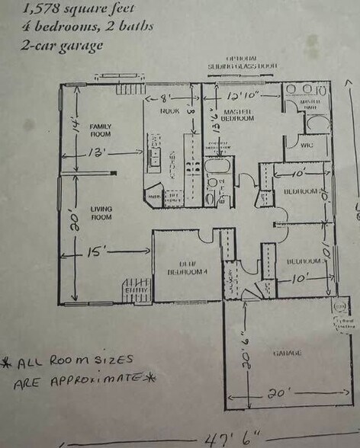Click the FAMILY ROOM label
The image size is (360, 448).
pyautogui.click(x=101, y=130)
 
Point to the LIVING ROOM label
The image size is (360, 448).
pyautogui.click(x=101, y=213)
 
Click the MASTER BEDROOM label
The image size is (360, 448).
pyautogui.click(x=236, y=115)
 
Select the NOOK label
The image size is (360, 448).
pyautogui.click(x=169, y=111)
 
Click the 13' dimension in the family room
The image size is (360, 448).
pyautogui.click(x=96, y=152)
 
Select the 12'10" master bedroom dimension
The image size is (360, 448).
pyautogui.click(x=243, y=97)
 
